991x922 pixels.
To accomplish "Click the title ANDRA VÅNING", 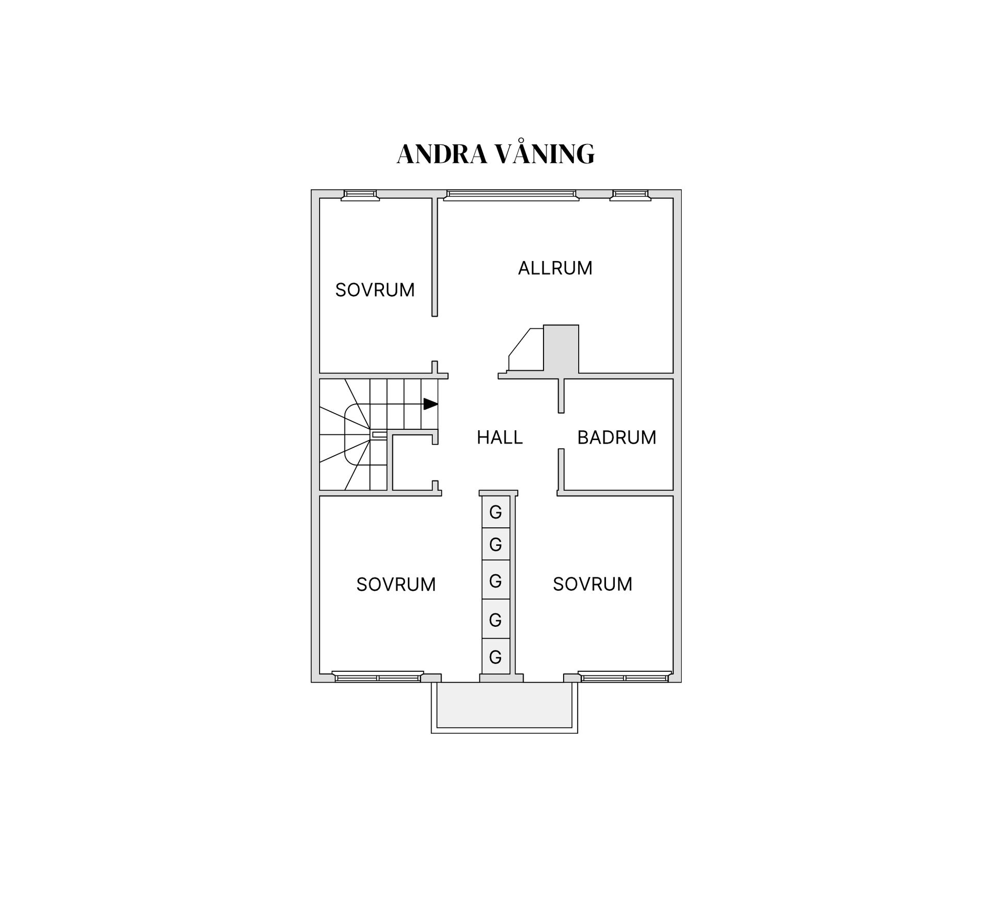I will [x=495, y=154].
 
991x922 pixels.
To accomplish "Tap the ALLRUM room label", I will [x=555, y=268].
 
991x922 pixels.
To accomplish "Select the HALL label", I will [x=499, y=438].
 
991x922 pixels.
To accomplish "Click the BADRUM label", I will [x=616, y=438].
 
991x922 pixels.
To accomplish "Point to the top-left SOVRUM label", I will [x=375, y=290].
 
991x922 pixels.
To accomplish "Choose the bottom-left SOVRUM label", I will [x=396, y=584].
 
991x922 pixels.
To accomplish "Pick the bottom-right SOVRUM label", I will [x=592, y=584].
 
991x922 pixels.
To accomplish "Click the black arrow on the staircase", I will [x=430, y=404].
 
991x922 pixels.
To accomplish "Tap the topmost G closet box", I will [x=495, y=512].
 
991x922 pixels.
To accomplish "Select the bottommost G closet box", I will [x=495, y=657].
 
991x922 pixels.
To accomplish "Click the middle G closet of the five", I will [x=495, y=580].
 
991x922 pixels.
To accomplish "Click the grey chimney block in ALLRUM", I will [x=561, y=348].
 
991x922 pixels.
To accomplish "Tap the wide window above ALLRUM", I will [x=511, y=195].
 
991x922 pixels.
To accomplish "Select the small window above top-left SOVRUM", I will [x=360, y=195].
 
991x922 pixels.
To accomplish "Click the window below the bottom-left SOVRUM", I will [x=378, y=677].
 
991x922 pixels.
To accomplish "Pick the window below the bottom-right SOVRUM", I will [x=624, y=677].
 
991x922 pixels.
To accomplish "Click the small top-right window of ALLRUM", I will [x=629, y=195].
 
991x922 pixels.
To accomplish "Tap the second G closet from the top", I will [x=495, y=544].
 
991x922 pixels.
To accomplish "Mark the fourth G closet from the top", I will [x=495, y=619].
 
